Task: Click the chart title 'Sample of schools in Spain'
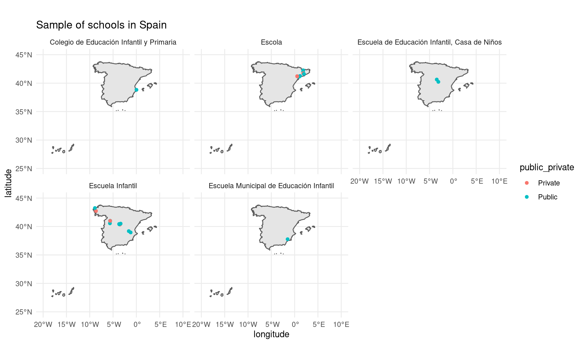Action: (x=101, y=25)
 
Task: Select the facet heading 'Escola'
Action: (x=271, y=42)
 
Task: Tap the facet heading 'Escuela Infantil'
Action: (x=113, y=186)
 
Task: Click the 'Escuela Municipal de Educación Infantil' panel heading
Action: (x=271, y=186)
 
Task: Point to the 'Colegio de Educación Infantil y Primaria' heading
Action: (x=113, y=42)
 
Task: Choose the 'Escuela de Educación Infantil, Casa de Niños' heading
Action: (x=429, y=42)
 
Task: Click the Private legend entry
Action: (x=548, y=183)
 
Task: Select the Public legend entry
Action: (x=547, y=197)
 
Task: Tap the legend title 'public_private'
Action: (x=547, y=167)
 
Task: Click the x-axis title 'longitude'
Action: (x=271, y=334)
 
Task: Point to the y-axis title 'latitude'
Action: (x=9, y=183)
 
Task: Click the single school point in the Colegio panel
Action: (x=136, y=90)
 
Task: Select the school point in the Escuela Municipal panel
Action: (x=288, y=239)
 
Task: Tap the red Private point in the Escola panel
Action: (x=297, y=76)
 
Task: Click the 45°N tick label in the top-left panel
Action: (x=24, y=55)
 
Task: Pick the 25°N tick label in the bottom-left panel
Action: (x=24, y=312)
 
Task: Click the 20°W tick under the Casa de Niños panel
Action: (x=360, y=181)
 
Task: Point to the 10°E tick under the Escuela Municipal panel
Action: (x=341, y=324)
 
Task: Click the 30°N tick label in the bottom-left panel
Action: (x=24, y=284)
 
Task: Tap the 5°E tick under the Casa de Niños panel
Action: (x=477, y=181)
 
